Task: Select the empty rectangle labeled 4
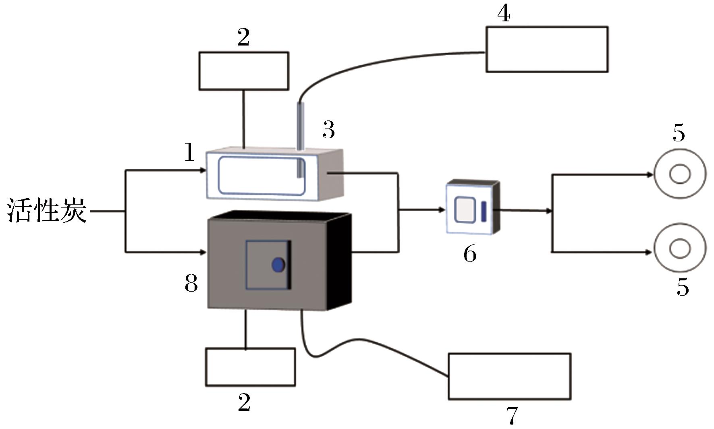(x=547, y=50)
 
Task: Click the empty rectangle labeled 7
(x=509, y=376)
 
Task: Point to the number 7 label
(x=512, y=416)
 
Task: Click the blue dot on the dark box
(x=278, y=265)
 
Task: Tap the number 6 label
(x=470, y=254)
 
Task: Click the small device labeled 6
(x=472, y=208)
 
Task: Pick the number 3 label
(x=329, y=130)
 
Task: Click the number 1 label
(x=189, y=153)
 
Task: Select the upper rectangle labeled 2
(x=244, y=71)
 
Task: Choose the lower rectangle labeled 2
(x=250, y=367)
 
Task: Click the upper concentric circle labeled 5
(x=680, y=174)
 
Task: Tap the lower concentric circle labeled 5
(x=680, y=248)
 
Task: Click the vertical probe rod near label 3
(x=300, y=139)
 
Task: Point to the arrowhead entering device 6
(x=442, y=210)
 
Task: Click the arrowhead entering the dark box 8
(x=203, y=253)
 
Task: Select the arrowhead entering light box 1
(x=203, y=171)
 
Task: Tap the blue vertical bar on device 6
(x=484, y=211)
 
